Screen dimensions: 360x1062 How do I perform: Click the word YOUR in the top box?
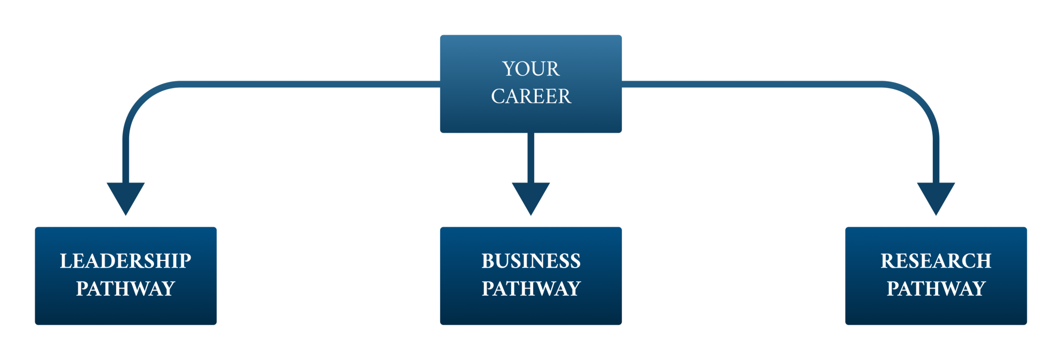[530, 69]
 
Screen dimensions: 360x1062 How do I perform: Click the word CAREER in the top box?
[530, 96]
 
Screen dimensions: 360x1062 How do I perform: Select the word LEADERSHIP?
[125, 261]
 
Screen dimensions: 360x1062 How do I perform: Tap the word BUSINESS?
[530, 261]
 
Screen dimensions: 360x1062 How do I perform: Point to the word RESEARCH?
[935, 261]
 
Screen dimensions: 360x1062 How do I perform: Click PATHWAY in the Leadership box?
[125, 288]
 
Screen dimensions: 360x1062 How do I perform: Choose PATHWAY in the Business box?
[530, 288]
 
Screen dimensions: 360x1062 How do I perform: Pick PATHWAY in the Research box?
[935, 288]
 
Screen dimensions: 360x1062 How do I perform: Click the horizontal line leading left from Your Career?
[311, 84]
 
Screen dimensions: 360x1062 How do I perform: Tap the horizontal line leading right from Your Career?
[752, 84]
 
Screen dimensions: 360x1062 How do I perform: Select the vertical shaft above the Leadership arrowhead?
[125, 161]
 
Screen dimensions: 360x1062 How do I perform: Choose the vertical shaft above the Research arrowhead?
[936, 161]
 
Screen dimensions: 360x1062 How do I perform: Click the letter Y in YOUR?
[508, 69]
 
